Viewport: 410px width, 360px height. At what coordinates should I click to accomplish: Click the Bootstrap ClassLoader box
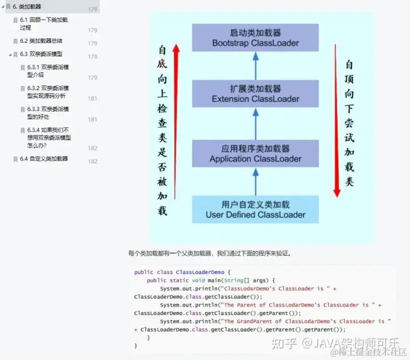[x=255, y=38]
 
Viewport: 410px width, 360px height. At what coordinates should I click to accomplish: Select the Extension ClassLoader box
[x=255, y=94]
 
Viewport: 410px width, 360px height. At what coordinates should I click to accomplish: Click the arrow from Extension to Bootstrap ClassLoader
[x=256, y=66]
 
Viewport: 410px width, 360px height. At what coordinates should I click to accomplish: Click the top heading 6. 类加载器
[x=27, y=6]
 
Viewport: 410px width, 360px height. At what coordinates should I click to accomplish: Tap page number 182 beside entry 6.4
[x=92, y=161]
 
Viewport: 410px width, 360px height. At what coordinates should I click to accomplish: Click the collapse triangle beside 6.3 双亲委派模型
[x=10, y=55]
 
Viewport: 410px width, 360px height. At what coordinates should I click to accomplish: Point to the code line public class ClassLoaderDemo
[x=182, y=272]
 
